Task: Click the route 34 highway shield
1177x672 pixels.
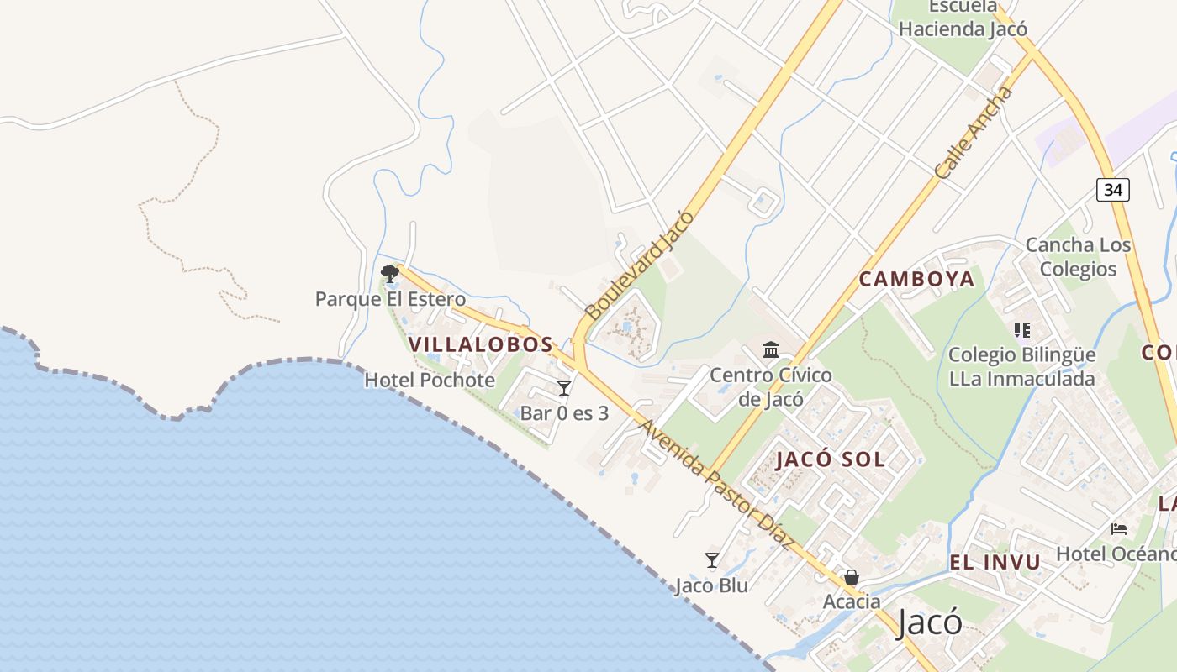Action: pyautogui.click(x=1112, y=189)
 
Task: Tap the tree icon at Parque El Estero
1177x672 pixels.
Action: pyautogui.click(x=389, y=273)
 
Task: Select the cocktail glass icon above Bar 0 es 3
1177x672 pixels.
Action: pyautogui.click(x=564, y=387)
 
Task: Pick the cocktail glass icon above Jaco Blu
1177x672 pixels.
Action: pyautogui.click(x=712, y=559)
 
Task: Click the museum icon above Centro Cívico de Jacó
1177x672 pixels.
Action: pyautogui.click(x=771, y=349)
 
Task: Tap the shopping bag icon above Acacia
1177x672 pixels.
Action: pyautogui.click(x=852, y=577)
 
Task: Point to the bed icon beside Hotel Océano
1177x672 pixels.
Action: pyautogui.click(x=1119, y=528)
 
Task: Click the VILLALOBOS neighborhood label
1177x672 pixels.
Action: pyautogui.click(x=481, y=344)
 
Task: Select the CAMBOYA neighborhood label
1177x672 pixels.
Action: pyautogui.click(x=916, y=279)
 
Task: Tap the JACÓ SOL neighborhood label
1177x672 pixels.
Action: pyautogui.click(x=831, y=459)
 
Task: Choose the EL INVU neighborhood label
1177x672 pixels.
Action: pyautogui.click(x=995, y=562)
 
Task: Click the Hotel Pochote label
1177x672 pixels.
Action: pyautogui.click(x=430, y=380)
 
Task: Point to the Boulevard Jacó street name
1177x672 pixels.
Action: pyautogui.click(x=641, y=265)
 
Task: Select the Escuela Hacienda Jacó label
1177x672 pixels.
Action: pyautogui.click(x=963, y=18)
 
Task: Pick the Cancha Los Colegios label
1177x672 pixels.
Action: pyautogui.click(x=1078, y=257)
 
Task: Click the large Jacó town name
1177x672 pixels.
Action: pyautogui.click(x=929, y=622)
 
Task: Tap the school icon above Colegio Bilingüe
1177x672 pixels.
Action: pyautogui.click(x=1022, y=330)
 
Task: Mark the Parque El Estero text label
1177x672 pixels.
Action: pyautogui.click(x=390, y=299)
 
